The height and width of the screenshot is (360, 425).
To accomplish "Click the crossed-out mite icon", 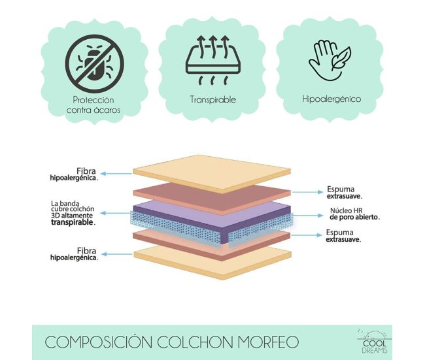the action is (94, 63).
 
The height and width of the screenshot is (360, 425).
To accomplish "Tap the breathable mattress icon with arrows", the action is (213, 60).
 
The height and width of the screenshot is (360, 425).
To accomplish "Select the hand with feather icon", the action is (330, 60).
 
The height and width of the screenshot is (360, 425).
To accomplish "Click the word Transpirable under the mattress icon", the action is (212, 99).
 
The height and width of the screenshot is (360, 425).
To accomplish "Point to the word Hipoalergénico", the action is (331, 99).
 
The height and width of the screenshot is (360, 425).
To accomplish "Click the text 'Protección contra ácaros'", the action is (93, 105).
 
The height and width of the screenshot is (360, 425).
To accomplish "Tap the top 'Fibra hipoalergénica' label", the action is (74, 174).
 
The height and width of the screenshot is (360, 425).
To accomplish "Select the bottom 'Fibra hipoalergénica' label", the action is (75, 254).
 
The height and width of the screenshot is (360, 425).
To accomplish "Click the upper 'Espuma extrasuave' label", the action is (344, 192).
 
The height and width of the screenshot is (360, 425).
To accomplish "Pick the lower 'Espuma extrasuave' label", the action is (343, 236).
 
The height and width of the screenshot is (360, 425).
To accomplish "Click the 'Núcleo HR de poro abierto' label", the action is (355, 214).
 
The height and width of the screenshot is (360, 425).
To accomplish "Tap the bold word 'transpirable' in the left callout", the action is (73, 222).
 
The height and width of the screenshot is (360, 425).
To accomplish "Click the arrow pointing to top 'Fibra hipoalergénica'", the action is (116, 174).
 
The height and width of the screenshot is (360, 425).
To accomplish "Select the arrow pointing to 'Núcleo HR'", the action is (308, 216).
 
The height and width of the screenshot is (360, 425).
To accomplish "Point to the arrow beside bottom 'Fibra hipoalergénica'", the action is (117, 254).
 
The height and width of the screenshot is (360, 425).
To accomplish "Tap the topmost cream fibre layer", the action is (212, 174).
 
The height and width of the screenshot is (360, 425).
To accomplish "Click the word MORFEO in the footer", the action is (268, 342).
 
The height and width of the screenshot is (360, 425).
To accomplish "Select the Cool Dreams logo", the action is (375, 342).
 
